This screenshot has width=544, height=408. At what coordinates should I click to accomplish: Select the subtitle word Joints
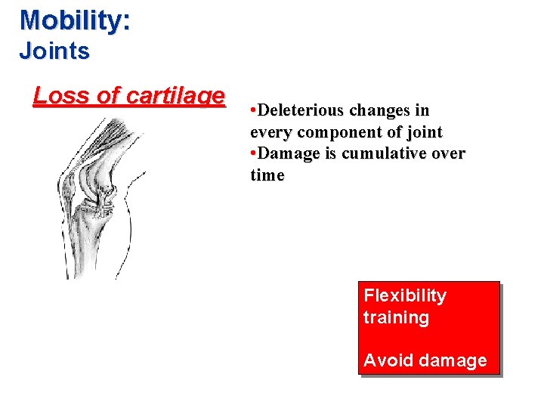54,51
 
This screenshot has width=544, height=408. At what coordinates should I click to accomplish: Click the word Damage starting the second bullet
286,154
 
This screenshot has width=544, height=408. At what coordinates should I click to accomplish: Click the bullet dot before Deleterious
253,111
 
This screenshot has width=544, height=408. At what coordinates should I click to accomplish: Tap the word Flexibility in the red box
405,295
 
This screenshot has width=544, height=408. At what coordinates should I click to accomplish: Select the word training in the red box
396,317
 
